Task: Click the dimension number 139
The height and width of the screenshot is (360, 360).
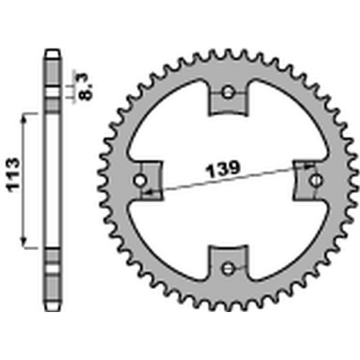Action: pyautogui.click(x=222, y=170)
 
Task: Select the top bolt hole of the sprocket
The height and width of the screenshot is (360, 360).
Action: pyautogui.click(x=228, y=93)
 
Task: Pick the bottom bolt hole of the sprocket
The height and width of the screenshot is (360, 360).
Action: pyautogui.click(x=228, y=269)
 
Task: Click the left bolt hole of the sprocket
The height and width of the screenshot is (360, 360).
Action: pyautogui.click(x=140, y=181)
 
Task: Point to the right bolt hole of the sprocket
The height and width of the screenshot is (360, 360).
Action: pyautogui.click(x=316, y=180)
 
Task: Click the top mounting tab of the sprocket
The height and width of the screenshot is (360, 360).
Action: pyautogui.click(x=228, y=99)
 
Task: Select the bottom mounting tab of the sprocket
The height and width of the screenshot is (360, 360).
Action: pyautogui.click(x=228, y=262)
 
